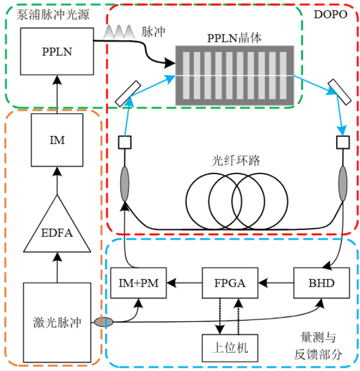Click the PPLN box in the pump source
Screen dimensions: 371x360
tap(57, 52)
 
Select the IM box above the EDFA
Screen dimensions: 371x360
tap(57, 140)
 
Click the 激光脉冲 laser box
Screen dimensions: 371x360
tap(57, 322)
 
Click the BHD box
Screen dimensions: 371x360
tap(322, 283)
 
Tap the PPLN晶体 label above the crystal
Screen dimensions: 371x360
tap(234, 38)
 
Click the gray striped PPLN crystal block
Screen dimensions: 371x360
tap(234, 75)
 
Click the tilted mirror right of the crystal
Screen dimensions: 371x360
tap(339, 91)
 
